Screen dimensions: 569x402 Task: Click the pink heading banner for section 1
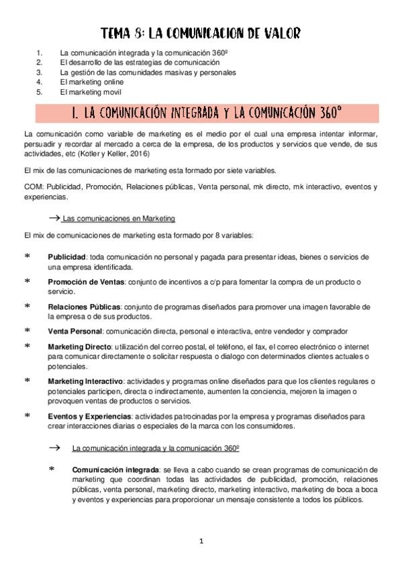201,110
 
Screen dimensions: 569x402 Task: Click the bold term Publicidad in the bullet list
65,257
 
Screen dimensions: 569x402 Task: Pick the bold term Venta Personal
74,331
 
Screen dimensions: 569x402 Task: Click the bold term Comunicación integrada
115,470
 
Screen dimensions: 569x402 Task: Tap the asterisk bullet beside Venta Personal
27,331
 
